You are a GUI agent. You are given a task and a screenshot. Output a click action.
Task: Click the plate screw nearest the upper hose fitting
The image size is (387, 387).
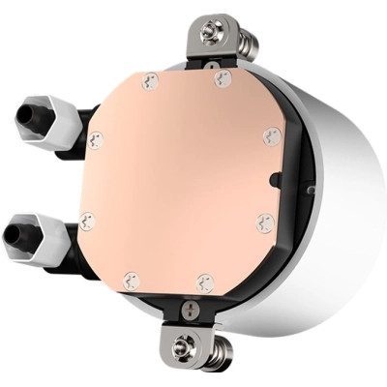tap(95, 139)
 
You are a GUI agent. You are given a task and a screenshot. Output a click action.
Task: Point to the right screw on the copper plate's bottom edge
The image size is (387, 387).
tap(203, 283)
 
